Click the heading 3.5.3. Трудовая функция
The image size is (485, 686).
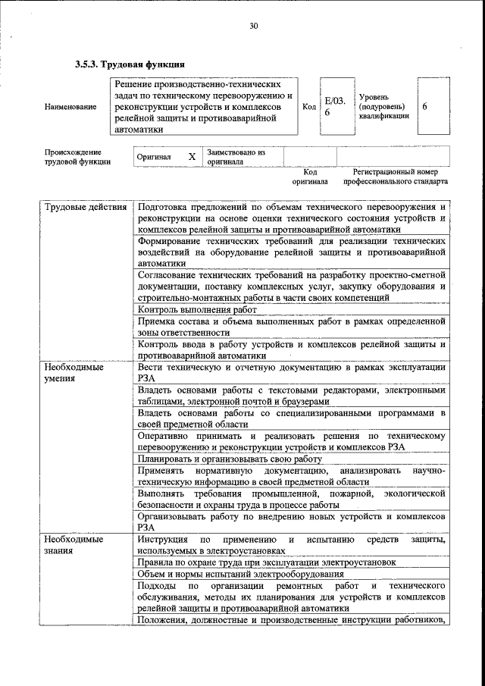point(130,64)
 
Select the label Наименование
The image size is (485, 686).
point(70,107)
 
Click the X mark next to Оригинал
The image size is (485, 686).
point(192,157)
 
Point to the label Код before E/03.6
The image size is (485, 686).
point(309,107)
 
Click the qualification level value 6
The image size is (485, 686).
point(425,107)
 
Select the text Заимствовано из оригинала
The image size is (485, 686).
point(236,157)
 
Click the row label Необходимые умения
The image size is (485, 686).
point(74,372)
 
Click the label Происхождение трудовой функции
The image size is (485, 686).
point(78,157)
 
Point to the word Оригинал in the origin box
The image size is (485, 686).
point(154,158)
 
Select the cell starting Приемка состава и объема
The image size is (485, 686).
point(291,327)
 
